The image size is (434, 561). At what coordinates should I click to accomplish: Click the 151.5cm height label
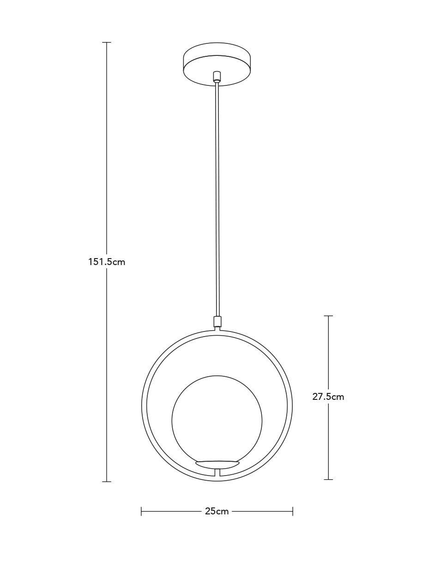[107, 262]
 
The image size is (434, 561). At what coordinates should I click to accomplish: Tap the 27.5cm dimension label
[328, 397]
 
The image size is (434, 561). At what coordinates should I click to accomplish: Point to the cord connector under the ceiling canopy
[217, 77]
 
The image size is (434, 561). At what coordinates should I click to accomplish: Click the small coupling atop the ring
[217, 322]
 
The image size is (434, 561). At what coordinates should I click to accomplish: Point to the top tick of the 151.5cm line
[107, 42]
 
